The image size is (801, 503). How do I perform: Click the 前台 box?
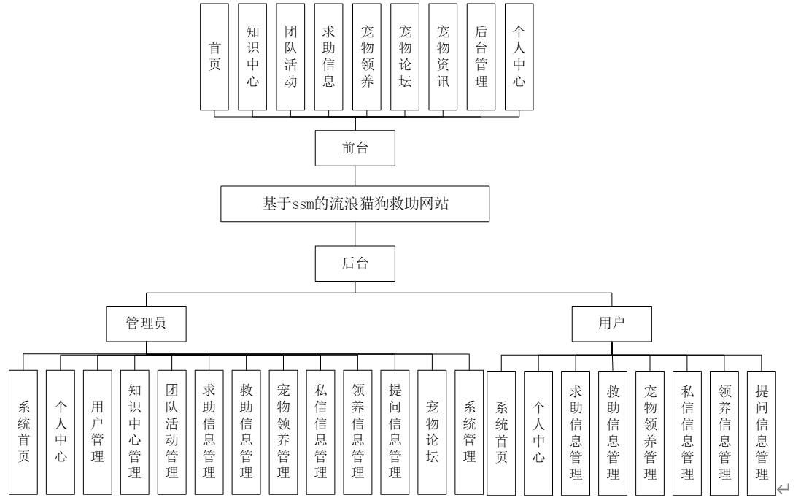click(x=355, y=148)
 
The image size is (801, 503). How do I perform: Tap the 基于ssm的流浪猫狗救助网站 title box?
click(x=355, y=204)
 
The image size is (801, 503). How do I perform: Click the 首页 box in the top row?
click(x=214, y=56)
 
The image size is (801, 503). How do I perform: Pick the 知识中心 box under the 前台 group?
click(x=252, y=56)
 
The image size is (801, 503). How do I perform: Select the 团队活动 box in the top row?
click(x=290, y=56)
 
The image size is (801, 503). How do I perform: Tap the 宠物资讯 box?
click(x=442, y=56)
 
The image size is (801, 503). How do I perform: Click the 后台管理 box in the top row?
click(x=480, y=56)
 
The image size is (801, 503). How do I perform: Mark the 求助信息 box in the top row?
click(x=328, y=56)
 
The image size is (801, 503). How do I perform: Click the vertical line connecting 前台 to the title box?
click(x=355, y=177)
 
